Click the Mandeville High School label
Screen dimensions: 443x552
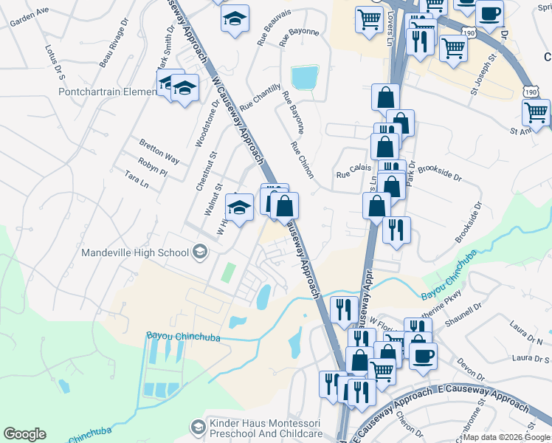tap(135, 253)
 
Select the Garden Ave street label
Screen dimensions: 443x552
tap(29, 16)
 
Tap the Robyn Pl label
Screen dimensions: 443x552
tap(153, 167)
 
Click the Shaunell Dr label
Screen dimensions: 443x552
tap(486, 317)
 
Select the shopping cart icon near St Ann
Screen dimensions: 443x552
tap(536, 113)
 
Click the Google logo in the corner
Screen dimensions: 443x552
tap(24, 434)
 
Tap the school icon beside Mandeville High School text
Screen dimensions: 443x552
tap(199, 253)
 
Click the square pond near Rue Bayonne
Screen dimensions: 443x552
tap(305, 77)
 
